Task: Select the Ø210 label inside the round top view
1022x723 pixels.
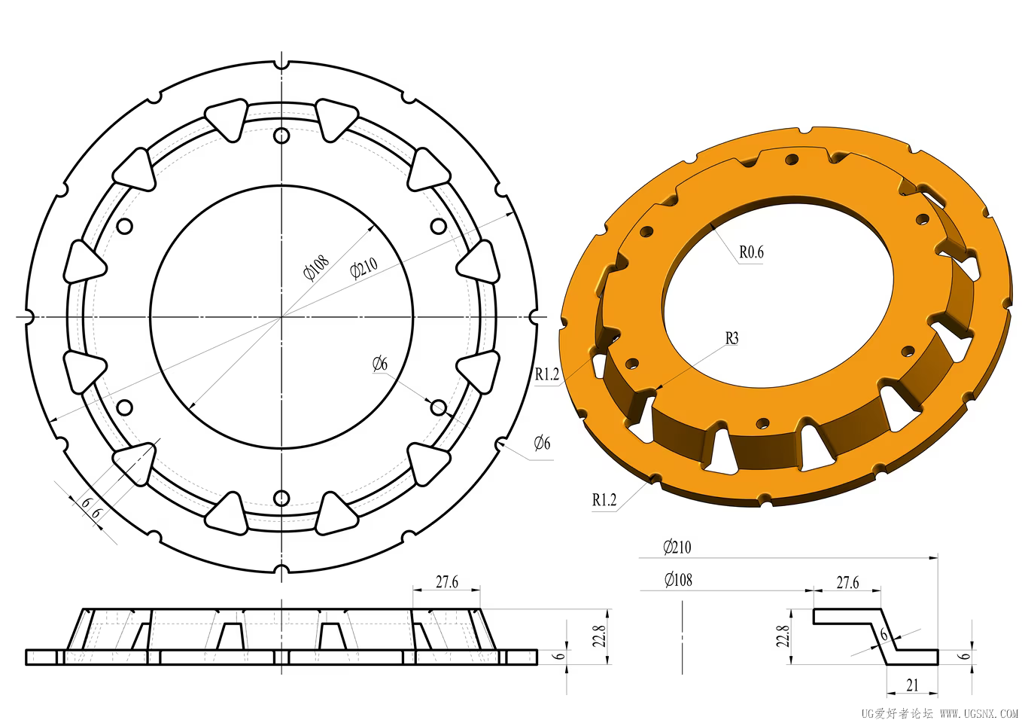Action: point(363,267)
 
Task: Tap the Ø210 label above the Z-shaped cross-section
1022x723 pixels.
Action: point(677,547)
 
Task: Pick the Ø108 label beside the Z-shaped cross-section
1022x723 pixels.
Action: point(678,580)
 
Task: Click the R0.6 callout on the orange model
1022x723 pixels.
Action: point(751,252)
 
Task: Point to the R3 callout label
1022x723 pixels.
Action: point(732,338)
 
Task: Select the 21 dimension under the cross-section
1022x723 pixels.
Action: point(912,685)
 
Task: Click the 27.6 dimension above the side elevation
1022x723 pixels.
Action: point(447,582)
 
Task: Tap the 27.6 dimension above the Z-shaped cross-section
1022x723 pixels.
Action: point(847,582)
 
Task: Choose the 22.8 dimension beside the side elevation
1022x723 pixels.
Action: point(601,636)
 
